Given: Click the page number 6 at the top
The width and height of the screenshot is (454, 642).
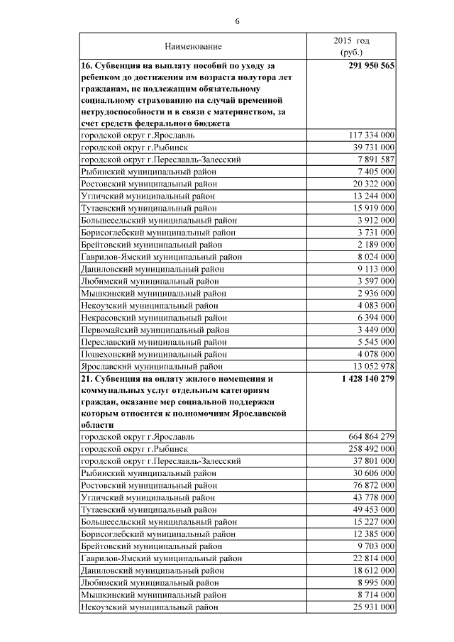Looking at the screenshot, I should click(238, 21).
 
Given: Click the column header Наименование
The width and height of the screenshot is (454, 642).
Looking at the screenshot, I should click(193, 46).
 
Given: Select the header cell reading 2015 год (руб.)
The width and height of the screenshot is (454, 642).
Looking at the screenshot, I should click(351, 46).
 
